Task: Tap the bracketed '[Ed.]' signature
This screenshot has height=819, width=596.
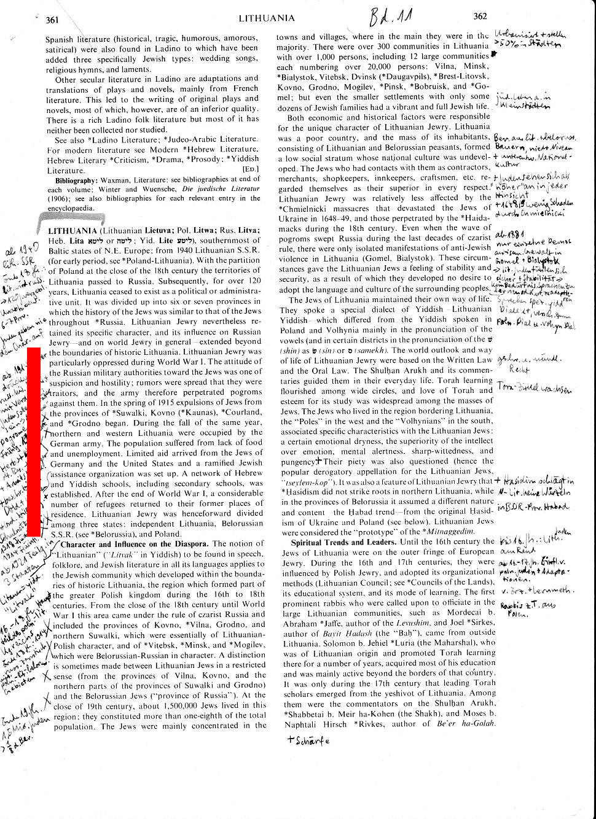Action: pyautogui.click(x=251, y=169)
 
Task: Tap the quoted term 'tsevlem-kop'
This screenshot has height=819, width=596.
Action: pyautogui.click(x=305, y=481)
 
